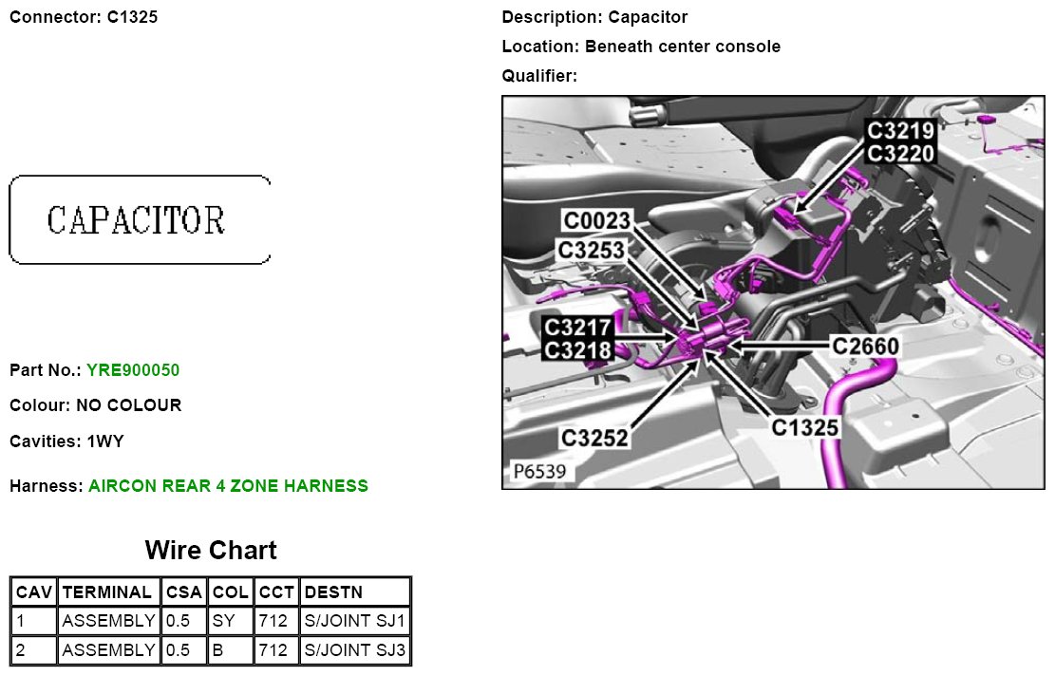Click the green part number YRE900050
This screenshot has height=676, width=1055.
coord(133,370)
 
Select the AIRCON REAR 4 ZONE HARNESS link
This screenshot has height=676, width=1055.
coord(228,486)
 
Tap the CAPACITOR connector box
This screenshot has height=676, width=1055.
coord(140,220)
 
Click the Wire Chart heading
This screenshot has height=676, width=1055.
coord(211,551)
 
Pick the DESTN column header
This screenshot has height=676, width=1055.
coord(333,591)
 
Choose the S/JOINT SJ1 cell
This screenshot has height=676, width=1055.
coord(354,620)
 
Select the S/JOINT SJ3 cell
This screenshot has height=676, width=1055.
coord(354,649)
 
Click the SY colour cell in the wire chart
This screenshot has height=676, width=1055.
coord(223,620)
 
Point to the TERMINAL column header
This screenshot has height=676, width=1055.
coord(107,591)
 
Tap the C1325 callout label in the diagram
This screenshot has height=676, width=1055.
coord(804,428)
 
